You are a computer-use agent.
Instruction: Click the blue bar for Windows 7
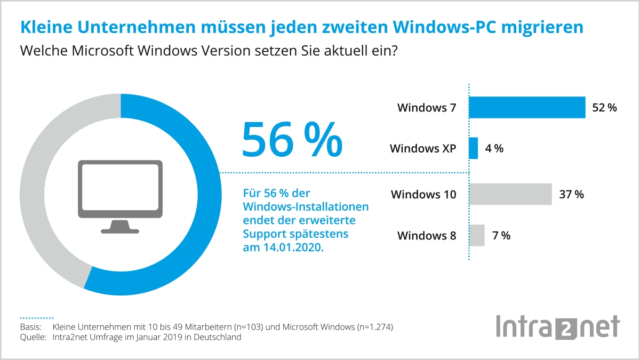click(x=527, y=107)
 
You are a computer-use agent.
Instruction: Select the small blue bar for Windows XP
click(x=474, y=148)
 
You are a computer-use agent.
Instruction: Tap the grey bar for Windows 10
click(x=510, y=194)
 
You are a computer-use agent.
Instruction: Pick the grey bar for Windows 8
click(x=477, y=235)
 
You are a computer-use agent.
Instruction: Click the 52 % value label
click(x=604, y=108)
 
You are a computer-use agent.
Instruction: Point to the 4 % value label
click(x=494, y=148)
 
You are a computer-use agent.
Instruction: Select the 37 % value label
click(x=571, y=194)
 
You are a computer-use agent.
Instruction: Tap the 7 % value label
click(x=501, y=235)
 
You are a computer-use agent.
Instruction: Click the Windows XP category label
click(x=423, y=148)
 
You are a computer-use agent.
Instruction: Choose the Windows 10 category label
click(x=423, y=194)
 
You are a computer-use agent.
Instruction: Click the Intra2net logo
click(x=558, y=327)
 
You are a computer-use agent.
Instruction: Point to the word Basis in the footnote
click(x=30, y=326)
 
